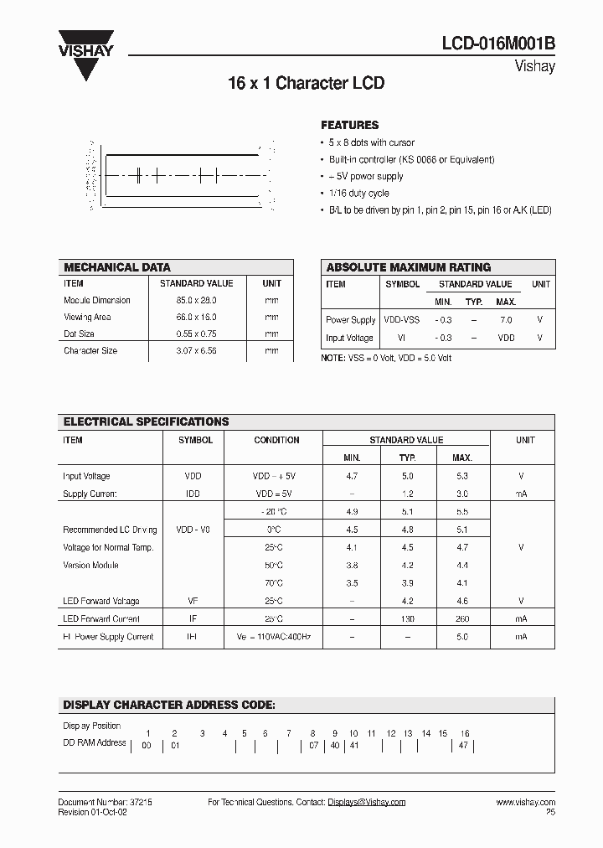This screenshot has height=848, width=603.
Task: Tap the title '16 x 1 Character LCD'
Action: [x=306, y=84]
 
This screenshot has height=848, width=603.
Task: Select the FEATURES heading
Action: [x=350, y=125]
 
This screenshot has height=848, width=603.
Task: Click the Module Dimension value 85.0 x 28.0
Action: [x=196, y=300]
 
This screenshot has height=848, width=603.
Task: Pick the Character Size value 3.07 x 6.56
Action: [x=196, y=350]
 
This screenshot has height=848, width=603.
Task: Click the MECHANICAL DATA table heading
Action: [x=117, y=267]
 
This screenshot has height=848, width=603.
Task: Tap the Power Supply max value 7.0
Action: [x=505, y=320]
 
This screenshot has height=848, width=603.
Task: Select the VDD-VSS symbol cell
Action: [x=402, y=320]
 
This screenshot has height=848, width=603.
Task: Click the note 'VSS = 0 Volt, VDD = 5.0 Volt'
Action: [x=387, y=358]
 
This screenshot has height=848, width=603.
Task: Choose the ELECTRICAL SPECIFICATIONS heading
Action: [x=147, y=421]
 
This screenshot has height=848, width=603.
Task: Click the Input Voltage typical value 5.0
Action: [x=407, y=476]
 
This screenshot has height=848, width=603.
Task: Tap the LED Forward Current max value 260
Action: [x=461, y=618]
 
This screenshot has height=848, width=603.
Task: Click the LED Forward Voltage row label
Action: [x=101, y=601]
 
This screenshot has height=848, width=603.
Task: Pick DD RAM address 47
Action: [x=463, y=745]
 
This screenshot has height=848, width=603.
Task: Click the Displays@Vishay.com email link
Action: [x=366, y=802]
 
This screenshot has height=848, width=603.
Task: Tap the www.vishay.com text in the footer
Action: [x=525, y=802]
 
